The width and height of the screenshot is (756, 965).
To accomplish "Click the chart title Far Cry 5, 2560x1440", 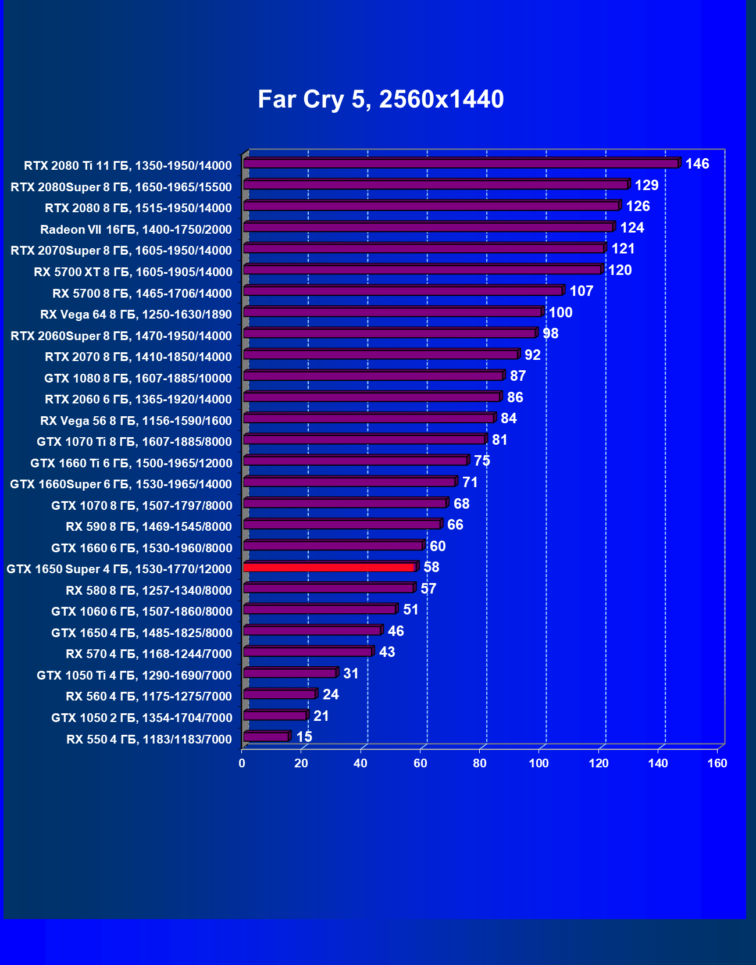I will click(x=380, y=99).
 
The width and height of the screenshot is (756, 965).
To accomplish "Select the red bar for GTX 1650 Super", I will click(x=329, y=567).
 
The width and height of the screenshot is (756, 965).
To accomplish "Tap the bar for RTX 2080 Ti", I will click(x=461, y=163).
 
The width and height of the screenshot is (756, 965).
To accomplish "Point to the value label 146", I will click(x=697, y=164).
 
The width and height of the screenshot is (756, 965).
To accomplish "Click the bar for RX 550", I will click(x=266, y=737).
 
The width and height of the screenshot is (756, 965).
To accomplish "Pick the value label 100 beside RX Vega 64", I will click(x=561, y=313).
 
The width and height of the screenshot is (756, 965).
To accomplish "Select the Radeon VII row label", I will click(x=136, y=230).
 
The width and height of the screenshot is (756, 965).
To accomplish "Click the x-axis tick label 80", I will click(x=479, y=763).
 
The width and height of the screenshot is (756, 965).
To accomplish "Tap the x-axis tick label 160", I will click(x=717, y=763).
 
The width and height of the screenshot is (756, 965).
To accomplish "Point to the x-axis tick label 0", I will click(x=242, y=763).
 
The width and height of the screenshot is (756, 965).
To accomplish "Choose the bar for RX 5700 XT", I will click(x=422, y=270).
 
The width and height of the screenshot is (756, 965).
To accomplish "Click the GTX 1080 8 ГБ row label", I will click(x=138, y=378).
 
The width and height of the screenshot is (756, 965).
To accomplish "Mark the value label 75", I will click(x=482, y=461).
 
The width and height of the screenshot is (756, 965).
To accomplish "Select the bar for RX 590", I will click(x=342, y=525).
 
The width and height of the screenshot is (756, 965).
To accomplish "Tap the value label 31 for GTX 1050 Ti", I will click(x=351, y=674).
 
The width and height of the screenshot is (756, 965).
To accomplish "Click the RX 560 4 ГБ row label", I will click(x=149, y=696).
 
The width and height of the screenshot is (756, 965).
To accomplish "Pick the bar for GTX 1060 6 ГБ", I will click(x=319, y=610).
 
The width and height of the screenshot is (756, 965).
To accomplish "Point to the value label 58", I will click(x=431, y=567).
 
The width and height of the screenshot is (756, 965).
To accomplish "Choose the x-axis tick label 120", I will click(x=598, y=763).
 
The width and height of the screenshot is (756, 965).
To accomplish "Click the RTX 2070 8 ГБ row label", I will click(x=138, y=357).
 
